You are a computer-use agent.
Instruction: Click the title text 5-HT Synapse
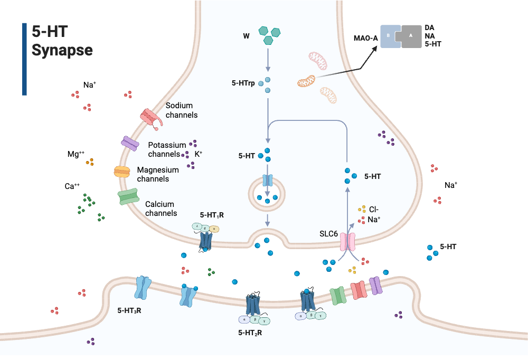[62, 41]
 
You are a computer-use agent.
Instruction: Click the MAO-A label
[365, 38]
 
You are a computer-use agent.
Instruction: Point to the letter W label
[246, 36]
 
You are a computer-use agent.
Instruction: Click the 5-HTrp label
[243, 83]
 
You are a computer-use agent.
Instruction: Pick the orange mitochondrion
[306, 81]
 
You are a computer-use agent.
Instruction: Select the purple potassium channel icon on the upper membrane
[130, 143]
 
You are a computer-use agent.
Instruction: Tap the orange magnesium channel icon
[122, 172]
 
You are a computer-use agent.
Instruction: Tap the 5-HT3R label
[129, 310]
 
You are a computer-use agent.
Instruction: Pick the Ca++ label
[72, 186]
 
